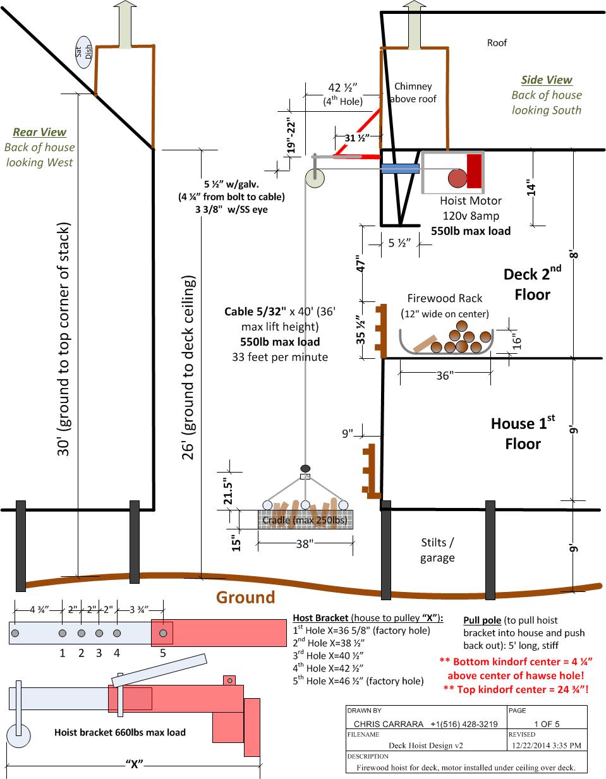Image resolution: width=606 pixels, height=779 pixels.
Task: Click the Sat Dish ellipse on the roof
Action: point(83,52)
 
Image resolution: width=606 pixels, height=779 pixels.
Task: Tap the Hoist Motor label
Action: point(471,201)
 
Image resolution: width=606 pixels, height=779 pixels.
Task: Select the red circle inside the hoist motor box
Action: point(458,178)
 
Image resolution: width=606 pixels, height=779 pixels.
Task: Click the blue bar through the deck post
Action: point(400,169)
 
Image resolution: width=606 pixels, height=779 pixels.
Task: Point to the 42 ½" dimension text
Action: point(342,87)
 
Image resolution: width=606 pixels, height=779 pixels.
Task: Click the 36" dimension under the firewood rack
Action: point(445,375)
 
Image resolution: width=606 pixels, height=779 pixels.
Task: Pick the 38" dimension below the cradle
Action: point(305,544)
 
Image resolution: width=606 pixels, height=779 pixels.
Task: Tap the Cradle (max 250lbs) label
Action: point(305,520)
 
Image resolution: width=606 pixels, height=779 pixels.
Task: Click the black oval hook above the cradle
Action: point(305,469)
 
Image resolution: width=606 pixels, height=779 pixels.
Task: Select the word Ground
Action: point(246,597)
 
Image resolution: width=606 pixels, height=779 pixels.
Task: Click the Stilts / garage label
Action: point(437,550)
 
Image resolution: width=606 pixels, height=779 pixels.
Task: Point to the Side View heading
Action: point(547,80)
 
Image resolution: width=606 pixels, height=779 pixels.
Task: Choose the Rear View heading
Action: point(39,132)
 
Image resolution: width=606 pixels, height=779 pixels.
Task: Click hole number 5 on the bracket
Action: point(163,633)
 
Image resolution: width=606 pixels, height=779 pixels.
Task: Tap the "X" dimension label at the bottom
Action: point(135,764)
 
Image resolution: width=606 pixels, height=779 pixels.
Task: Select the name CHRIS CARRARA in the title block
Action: point(389,724)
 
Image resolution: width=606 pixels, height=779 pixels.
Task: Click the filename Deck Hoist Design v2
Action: point(426,746)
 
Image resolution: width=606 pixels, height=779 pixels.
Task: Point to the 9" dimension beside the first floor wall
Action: point(348,433)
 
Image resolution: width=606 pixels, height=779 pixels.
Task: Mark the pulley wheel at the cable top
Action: point(315,178)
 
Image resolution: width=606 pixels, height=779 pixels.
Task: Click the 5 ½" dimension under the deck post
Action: point(399,243)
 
